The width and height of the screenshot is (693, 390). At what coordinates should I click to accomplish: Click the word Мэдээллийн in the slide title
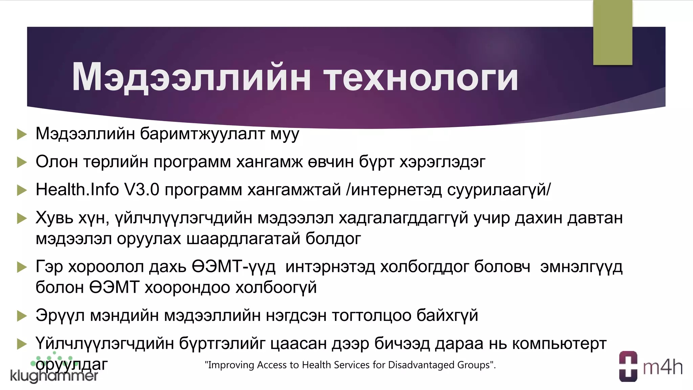[x=191, y=78]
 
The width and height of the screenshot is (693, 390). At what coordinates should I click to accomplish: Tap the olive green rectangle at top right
[x=612, y=32]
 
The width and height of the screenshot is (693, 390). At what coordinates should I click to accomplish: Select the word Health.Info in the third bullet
[x=77, y=190]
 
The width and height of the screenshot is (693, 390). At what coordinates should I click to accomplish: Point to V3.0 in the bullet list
[x=142, y=190]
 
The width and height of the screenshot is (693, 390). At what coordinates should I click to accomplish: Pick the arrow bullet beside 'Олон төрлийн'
[x=22, y=162]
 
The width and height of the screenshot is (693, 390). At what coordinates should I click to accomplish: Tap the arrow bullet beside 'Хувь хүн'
[x=22, y=218]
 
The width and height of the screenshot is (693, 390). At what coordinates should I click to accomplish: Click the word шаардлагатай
[x=243, y=239]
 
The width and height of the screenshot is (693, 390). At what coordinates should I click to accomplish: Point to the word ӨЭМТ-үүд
[x=233, y=267]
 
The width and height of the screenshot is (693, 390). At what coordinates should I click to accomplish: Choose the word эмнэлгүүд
[x=581, y=267]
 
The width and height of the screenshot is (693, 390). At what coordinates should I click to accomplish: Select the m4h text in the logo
[x=663, y=367]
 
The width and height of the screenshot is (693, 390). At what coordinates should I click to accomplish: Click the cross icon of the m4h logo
[x=628, y=367]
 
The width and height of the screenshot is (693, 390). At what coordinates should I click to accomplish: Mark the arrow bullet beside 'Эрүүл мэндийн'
[x=22, y=316]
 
